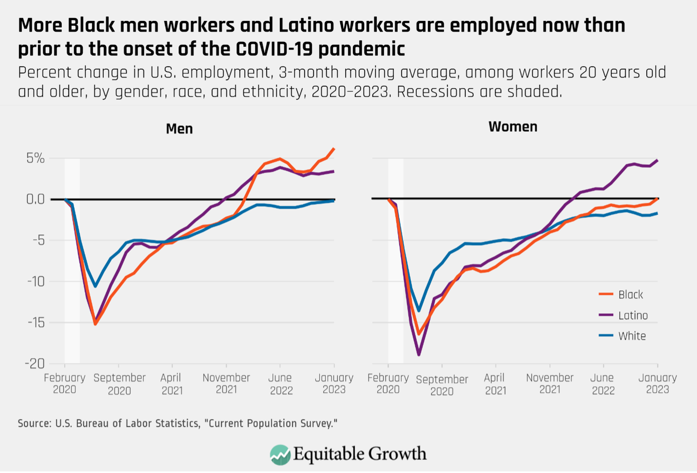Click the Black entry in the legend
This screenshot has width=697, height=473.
coord(630,295)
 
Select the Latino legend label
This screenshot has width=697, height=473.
coord(633,316)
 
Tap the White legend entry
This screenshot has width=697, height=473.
coord(632,336)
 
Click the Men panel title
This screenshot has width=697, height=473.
coord(179,129)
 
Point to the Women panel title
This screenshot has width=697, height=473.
coord(513,127)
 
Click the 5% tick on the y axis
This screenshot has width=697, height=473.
coord(35,158)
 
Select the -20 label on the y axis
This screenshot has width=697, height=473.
coord(34,363)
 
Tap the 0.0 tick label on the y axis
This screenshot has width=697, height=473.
coord(35,199)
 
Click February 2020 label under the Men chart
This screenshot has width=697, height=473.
coord(64,383)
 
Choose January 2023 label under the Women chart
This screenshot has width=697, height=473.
coord(658,383)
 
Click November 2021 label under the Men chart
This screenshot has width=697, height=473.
coord(226,383)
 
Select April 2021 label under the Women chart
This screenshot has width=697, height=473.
coord(495,383)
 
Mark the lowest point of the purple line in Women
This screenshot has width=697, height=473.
coord(419,355)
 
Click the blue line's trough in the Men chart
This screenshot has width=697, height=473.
coord(95,286)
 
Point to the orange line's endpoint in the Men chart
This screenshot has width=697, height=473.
coord(334,149)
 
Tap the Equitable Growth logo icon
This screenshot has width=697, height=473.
coord(280,454)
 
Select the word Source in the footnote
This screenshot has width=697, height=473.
coord(34,423)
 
